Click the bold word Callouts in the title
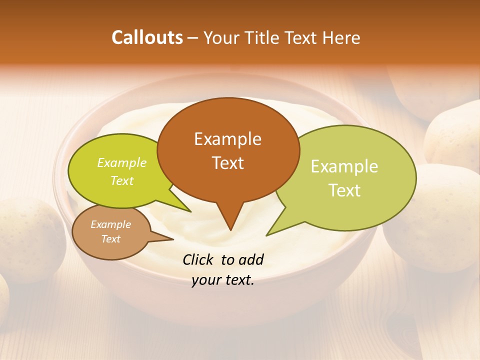(147, 37)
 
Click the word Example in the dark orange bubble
(227, 139)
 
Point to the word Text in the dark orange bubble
(227, 163)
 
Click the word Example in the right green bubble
(344, 166)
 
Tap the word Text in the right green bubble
(344, 190)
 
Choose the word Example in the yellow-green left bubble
(122, 162)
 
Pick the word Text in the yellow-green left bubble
(122, 180)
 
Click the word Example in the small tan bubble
(110, 224)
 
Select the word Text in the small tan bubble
(110, 239)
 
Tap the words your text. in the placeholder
(223, 280)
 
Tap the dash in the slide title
(193, 38)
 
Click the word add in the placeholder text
(251, 259)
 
